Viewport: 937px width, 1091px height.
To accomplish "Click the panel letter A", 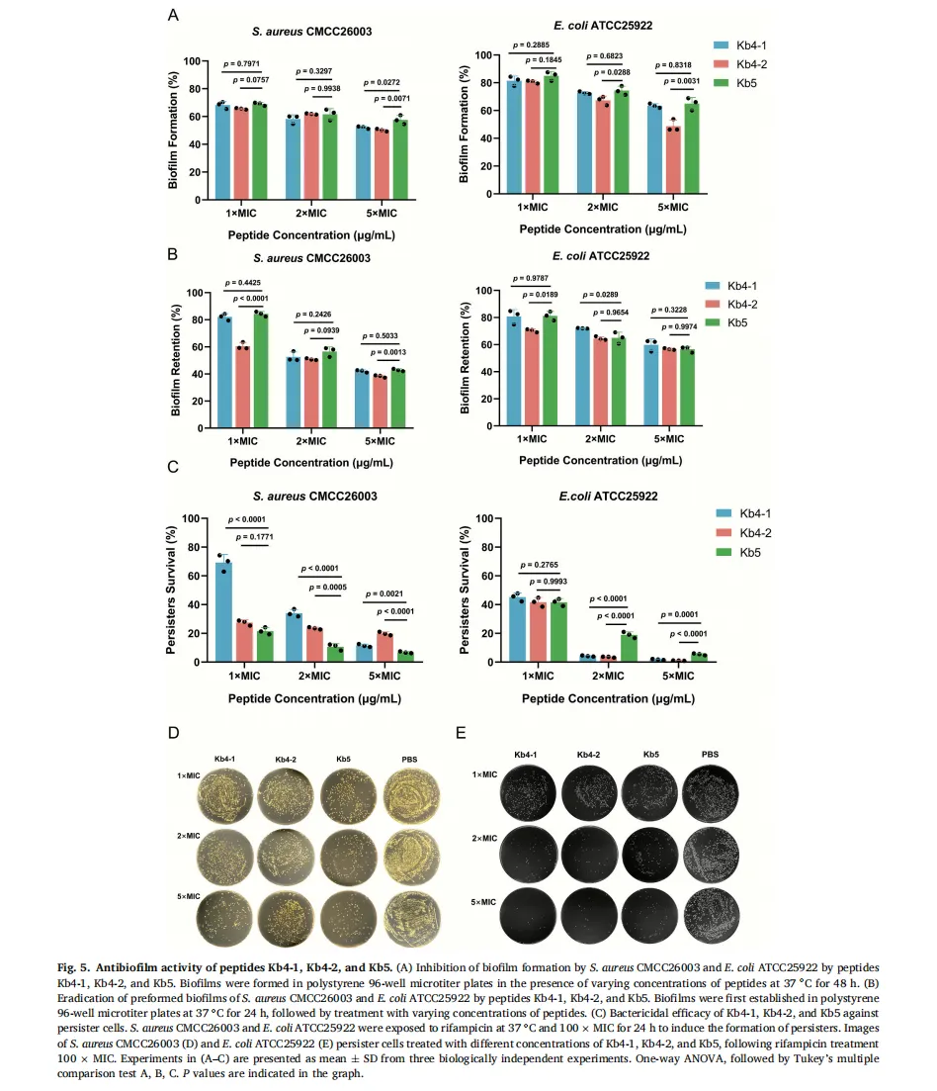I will tap(173, 15).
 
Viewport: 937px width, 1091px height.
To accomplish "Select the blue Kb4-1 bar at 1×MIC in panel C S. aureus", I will tap(224, 612).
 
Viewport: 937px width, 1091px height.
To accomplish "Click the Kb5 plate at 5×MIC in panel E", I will tap(651, 912).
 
